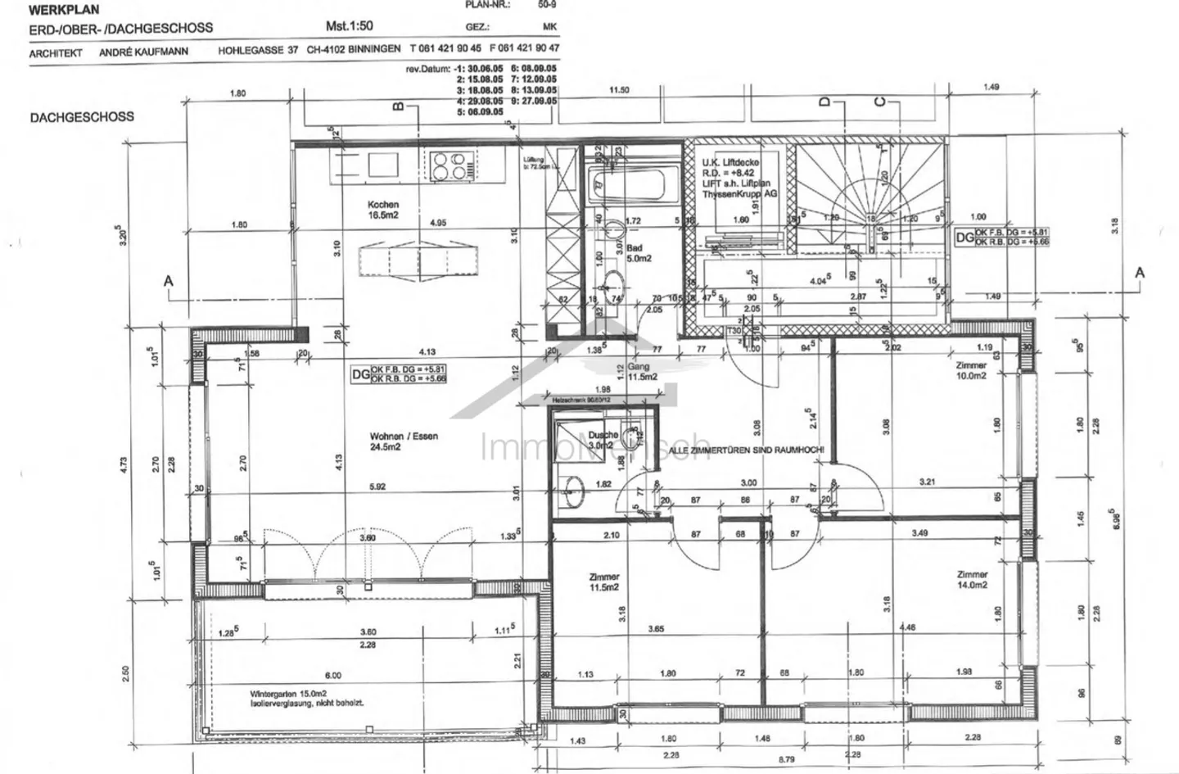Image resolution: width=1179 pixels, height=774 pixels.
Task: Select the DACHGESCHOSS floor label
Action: point(82,117)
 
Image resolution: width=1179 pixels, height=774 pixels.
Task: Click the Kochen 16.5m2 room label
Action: point(383,210)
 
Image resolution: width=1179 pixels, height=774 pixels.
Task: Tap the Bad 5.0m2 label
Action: point(638,252)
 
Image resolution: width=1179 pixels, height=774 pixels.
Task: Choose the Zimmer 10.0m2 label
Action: point(971,371)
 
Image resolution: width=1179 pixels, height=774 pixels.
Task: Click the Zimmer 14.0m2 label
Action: point(971,580)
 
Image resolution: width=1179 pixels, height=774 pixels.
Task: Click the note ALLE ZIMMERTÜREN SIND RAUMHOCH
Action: point(748,450)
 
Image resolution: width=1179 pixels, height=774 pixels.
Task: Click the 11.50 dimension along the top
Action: point(620,90)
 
